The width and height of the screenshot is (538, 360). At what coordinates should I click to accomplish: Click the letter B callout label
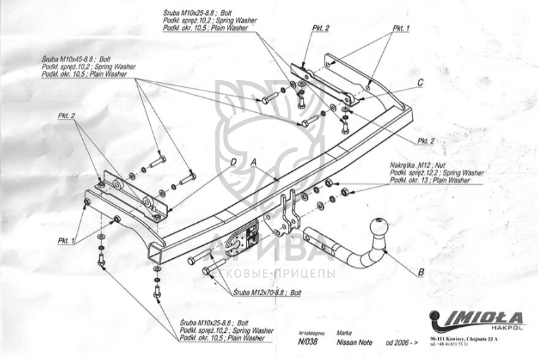(420, 273)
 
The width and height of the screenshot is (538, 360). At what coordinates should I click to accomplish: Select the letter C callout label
(420, 82)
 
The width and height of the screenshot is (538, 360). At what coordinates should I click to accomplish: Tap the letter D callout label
(232, 162)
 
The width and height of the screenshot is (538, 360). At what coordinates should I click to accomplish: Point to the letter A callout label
(253, 162)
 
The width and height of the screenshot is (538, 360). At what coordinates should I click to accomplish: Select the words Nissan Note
(354, 344)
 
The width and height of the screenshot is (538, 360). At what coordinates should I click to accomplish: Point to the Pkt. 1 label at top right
(400, 29)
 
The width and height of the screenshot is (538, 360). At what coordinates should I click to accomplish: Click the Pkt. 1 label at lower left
(67, 240)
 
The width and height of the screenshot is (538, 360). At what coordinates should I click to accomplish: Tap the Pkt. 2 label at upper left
(66, 116)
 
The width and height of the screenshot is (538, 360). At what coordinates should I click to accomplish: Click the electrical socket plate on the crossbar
(245, 237)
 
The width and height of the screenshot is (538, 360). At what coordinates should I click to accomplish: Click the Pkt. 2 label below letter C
(426, 141)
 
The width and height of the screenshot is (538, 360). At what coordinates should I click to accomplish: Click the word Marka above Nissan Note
(344, 334)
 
